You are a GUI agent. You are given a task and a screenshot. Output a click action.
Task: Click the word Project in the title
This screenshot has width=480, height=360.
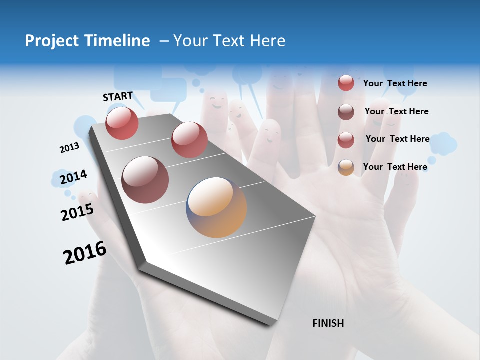[52, 41]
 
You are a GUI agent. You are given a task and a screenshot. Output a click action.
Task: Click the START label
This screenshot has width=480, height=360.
[118, 96]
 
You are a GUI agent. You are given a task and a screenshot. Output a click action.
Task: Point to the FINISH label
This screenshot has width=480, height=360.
[328, 323]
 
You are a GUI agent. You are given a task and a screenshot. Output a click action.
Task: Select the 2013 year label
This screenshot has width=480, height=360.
[69, 148]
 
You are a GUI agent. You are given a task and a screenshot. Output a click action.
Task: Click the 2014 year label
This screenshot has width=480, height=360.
[73, 177]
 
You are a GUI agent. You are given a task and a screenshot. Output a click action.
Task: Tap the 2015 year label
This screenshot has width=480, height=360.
[77, 212]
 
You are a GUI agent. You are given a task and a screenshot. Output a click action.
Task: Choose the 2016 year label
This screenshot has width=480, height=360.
[85, 253]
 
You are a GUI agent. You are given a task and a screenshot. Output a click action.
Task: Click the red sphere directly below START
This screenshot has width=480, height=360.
[122, 123]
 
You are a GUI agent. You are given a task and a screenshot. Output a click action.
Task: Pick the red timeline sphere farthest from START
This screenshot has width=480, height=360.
[189, 140]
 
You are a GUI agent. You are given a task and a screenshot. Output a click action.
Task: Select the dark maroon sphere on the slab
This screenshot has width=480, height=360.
[145, 180]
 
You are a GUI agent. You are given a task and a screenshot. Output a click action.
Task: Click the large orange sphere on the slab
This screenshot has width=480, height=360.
[216, 207]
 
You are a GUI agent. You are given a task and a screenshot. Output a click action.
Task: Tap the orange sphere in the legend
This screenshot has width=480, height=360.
[346, 167]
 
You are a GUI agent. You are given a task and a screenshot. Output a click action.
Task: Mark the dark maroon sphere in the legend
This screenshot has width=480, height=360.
[346, 112]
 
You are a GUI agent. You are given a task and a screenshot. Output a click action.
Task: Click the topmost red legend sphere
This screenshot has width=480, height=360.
[346, 83]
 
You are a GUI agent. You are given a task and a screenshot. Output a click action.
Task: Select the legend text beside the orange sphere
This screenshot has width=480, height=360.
[395, 167]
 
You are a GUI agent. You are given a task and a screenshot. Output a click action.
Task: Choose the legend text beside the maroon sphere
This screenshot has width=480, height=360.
[396, 111]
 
